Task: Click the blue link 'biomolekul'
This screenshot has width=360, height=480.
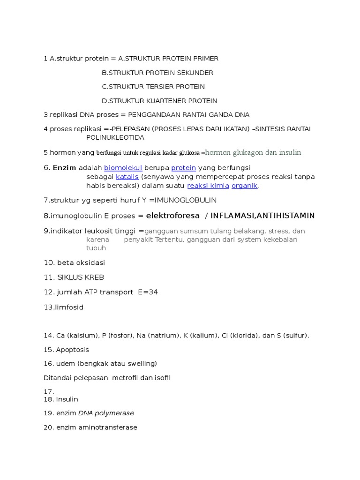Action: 123,168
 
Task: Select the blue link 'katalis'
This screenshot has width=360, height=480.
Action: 127,177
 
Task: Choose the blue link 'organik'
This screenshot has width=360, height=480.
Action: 244,186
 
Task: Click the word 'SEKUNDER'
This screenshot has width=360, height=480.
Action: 195,73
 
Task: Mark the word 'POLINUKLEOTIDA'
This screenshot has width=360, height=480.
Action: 115,138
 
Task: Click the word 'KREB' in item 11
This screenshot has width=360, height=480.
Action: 95,277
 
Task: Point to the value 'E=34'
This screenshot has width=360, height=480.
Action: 148,292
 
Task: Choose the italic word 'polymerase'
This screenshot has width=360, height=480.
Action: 114,413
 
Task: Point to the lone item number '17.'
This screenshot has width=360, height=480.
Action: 49,392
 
